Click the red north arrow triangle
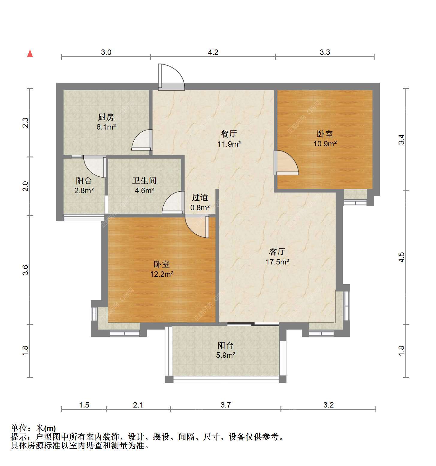pyautogui.click(x=30, y=53)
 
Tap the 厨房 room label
pyautogui.click(x=106, y=117)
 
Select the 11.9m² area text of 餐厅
pyautogui.click(x=229, y=144)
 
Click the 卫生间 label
pyautogui.click(x=145, y=181)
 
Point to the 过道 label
pyautogui.click(x=200, y=197)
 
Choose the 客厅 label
pyautogui.click(x=277, y=252)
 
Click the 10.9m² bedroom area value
pyautogui.click(x=325, y=144)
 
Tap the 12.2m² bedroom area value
pyautogui.click(x=162, y=274)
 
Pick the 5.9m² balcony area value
pyautogui.click(x=226, y=355)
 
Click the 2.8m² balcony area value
pyautogui.click(x=84, y=190)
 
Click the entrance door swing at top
pyautogui.click(x=171, y=77)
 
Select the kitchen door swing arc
pyautogui.click(x=142, y=139)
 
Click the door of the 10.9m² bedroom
pyautogui.click(x=286, y=162)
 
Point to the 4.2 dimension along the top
pyautogui.click(x=213, y=52)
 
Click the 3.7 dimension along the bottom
pyautogui.click(x=226, y=405)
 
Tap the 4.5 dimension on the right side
pyautogui.click(x=401, y=257)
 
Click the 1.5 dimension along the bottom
pyautogui.click(x=84, y=405)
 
